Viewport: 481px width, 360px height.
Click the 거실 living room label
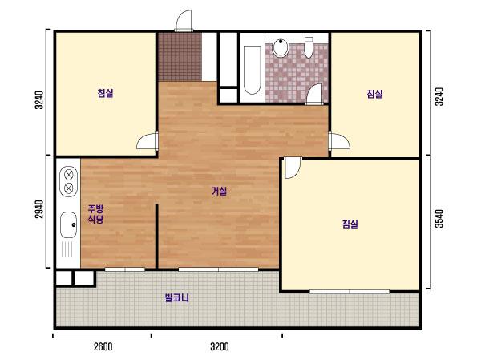[x=219, y=192]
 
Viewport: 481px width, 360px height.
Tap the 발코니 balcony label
[x=177, y=297]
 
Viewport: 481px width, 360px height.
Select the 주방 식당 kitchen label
[x=95, y=214]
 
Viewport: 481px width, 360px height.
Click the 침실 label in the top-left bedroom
[x=105, y=93]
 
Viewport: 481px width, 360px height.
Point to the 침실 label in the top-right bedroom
[x=374, y=94]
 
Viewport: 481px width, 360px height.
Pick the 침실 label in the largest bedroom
[x=350, y=224]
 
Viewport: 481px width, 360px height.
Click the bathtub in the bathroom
[x=253, y=70]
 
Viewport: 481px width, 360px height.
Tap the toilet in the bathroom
[x=309, y=47]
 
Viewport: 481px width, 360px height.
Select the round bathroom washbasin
[x=281, y=48]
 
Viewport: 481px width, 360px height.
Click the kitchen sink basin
[x=68, y=224]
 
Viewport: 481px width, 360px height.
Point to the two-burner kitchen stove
[x=69, y=181]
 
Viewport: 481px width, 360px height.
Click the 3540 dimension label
[x=439, y=219]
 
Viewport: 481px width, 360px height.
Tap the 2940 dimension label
[x=39, y=209]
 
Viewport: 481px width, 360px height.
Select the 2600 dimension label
[x=103, y=347]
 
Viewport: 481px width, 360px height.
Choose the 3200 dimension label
[x=220, y=347]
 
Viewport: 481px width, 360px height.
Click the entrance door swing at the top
[x=184, y=21]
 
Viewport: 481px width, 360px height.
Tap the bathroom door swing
[x=314, y=95]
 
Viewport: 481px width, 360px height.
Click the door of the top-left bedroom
[x=148, y=141]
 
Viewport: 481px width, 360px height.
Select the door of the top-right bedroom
[x=339, y=141]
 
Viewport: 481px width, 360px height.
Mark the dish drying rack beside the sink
[x=68, y=249]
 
